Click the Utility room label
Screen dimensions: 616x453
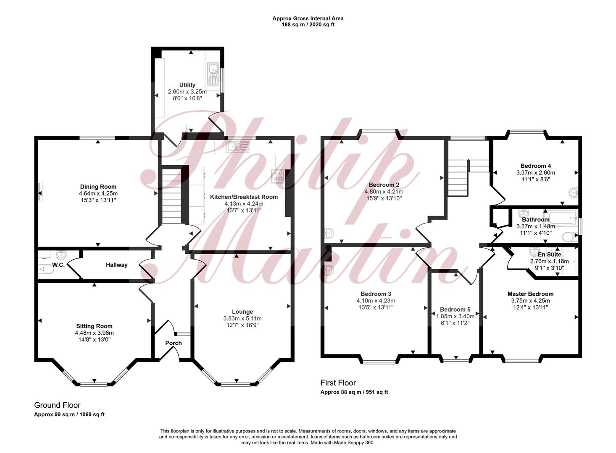(187, 85)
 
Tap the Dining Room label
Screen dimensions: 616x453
(98, 187)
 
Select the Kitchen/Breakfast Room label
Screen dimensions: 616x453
(244, 197)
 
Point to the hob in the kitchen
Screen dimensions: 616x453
(277, 176)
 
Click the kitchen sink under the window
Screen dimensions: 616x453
(238, 147)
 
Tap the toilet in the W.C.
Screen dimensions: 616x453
(46, 269)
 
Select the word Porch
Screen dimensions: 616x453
(174, 343)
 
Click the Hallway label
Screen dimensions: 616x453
(117, 265)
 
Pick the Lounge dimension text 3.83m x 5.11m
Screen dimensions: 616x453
(242, 318)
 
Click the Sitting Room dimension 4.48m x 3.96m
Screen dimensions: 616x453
(94, 333)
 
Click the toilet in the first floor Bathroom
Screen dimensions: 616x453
(570, 237)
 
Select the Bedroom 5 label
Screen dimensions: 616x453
(455, 310)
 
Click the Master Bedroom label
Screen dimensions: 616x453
(530, 294)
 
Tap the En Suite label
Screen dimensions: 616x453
(550, 255)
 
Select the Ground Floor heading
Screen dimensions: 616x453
(57, 405)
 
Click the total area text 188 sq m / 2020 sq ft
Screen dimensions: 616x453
(308, 25)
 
